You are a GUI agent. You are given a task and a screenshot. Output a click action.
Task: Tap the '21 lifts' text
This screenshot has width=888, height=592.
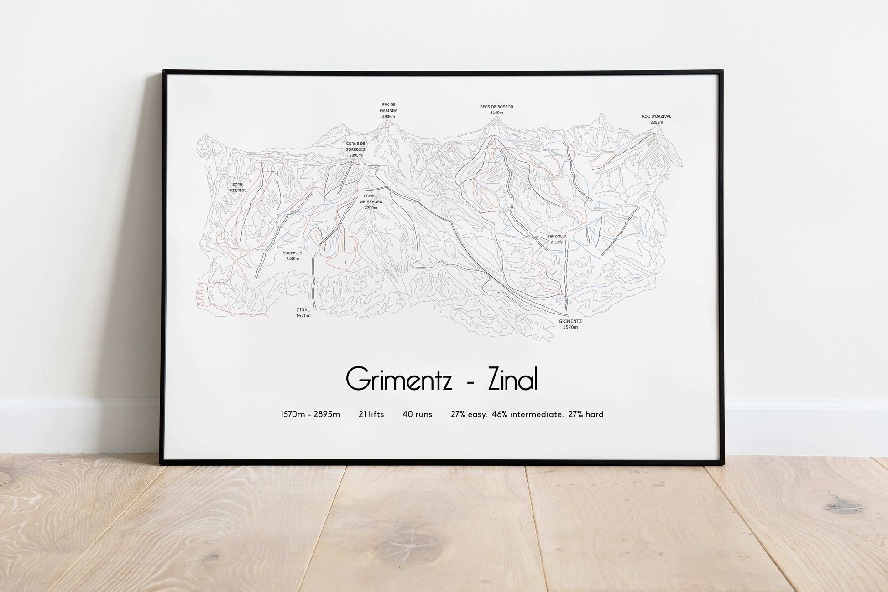[x=371, y=414]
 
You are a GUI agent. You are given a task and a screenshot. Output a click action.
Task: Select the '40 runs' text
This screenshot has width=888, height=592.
[x=417, y=414]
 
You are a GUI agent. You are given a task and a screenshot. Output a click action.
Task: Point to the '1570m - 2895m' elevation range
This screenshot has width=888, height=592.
[x=310, y=414]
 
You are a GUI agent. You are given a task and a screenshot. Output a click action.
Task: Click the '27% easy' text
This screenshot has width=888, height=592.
[x=469, y=414]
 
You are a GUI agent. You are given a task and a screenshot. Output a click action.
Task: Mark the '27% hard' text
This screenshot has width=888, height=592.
[x=586, y=414]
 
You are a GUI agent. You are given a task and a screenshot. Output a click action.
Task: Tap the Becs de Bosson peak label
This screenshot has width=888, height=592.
[x=496, y=109]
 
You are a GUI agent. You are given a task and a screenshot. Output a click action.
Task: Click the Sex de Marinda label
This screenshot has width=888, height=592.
[x=388, y=111]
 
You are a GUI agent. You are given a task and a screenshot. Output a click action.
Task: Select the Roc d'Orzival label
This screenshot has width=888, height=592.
[x=656, y=119]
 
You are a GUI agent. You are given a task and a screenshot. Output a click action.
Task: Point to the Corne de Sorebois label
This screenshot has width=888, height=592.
[x=355, y=149]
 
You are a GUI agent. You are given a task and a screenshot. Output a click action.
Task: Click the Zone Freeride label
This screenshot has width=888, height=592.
[x=237, y=187]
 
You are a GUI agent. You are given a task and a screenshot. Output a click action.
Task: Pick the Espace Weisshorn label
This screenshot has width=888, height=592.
[x=371, y=201]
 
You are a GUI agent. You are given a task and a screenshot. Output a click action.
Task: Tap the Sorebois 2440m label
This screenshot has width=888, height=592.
[x=292, y=256]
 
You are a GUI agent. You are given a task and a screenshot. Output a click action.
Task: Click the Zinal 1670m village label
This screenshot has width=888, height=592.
[x=303, y=313]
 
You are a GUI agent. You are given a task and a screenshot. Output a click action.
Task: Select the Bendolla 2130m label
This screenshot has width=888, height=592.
[x=557, y=239]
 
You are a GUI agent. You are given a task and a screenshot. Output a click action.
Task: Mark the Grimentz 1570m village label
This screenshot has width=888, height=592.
[x=570, y=324]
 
